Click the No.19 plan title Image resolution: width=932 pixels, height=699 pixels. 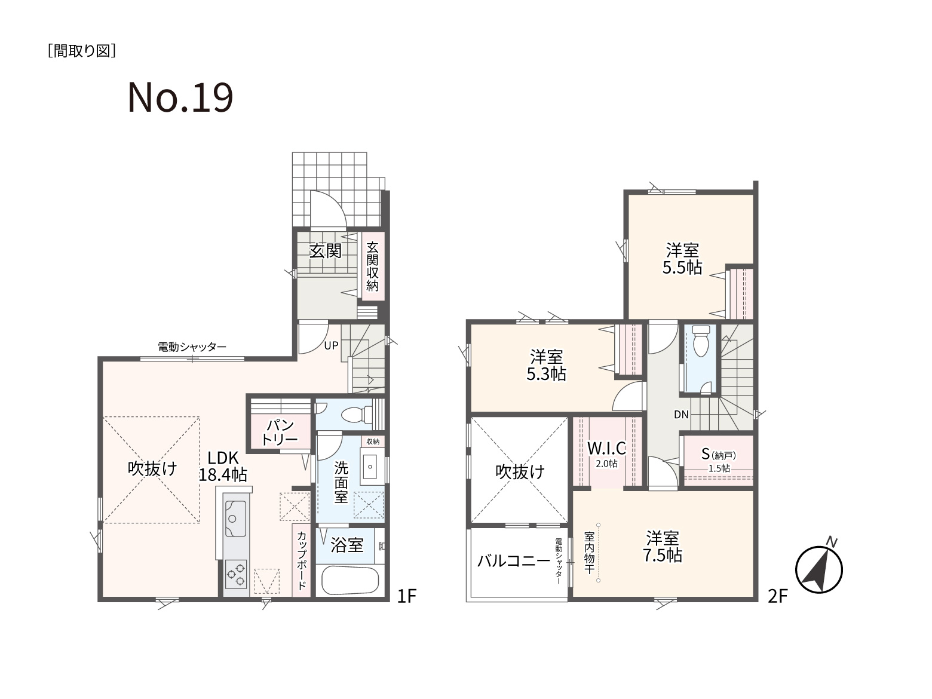pyautogui.click(x=180, y=98)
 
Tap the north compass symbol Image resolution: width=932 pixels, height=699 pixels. pyautogui.click(x=819, y=568)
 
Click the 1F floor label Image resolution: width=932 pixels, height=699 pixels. pyautogui.click(x=407, y=596)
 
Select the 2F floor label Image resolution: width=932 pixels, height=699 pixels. pyautogui.click(x=778, y=596)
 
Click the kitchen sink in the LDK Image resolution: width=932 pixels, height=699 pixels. pyautogui.click(x=235, y=519)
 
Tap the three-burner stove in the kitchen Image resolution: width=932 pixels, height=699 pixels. pyautogui.click(x=235, y=574)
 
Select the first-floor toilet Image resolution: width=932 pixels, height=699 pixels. pyautogui.click(x=357, y=415)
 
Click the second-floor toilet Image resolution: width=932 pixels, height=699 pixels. pyautogui.click(x=700, y=342)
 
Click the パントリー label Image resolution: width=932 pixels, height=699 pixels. pyautogui.click(x=280, y=431)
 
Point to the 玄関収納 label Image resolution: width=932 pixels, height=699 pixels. pyautogui.click(x=372, y=266)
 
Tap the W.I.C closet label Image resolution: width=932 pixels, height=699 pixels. pyautogui.click(x=607, y=453)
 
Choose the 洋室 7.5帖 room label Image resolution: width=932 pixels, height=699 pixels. pyautogui.click(x=663, y=547)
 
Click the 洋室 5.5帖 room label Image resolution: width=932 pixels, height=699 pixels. pyautogui.click(x=682, y=259)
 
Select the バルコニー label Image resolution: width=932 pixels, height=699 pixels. pyautogui.click(x=514, y=561)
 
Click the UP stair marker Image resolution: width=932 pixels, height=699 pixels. pyautogui.click(x=331, y=345)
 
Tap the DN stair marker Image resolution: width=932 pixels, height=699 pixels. pyautogui.click(x=681, y=415)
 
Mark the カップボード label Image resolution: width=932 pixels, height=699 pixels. pyautogui.click(x=302, y=560)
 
